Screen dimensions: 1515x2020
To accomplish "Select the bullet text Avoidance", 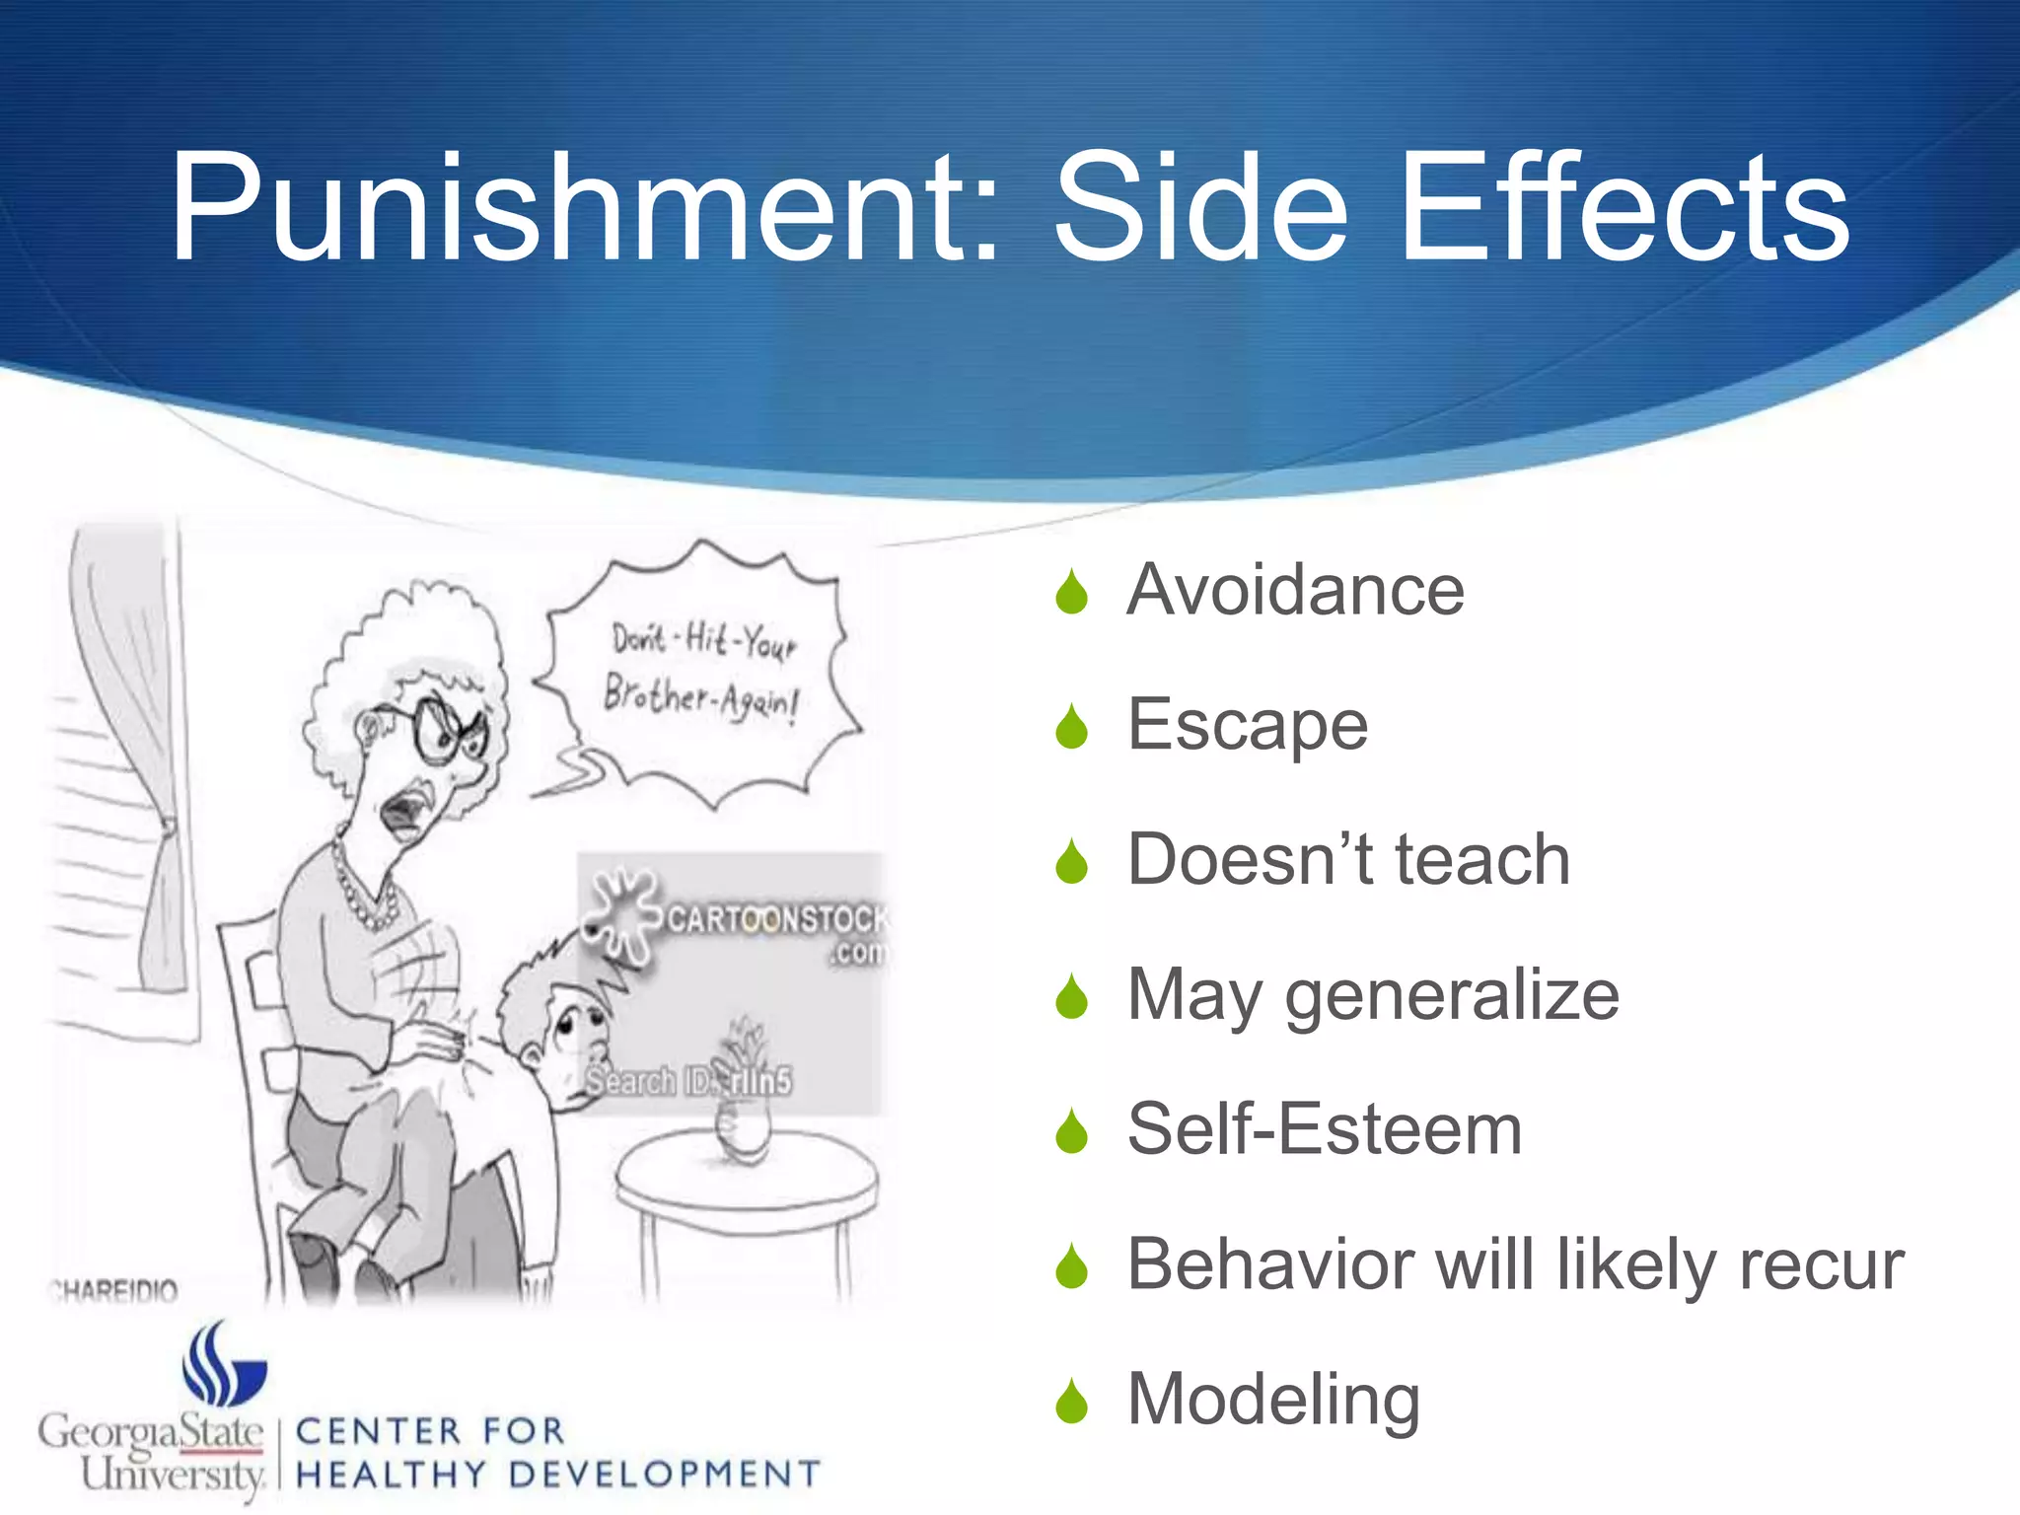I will [x=1295, y=590].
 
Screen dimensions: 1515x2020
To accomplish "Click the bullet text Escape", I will [x=1248, y=725].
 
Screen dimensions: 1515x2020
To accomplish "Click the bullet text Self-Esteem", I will [x=1325, y=1129].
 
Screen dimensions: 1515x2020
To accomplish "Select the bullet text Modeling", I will [x=1273, y=1400].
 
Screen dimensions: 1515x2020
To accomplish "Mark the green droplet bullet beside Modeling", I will [x=1071, y=1402].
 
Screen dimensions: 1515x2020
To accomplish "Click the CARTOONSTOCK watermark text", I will [x=774, y=919].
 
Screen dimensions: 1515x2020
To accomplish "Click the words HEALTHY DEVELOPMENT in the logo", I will [x=557, y=1475].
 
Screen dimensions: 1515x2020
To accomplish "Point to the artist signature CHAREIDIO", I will [x=114, y=1290].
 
